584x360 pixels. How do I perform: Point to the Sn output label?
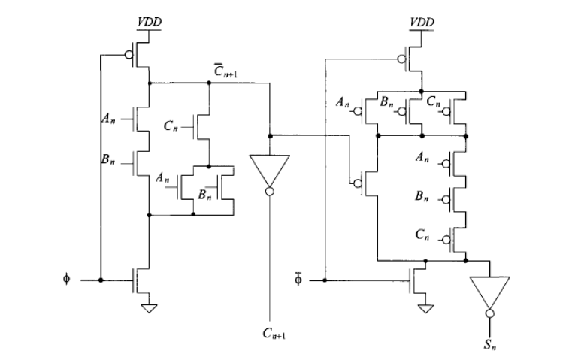coord(491,346)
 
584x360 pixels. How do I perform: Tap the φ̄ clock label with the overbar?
coord(299,280)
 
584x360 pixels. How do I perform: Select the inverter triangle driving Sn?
coord(489,290)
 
